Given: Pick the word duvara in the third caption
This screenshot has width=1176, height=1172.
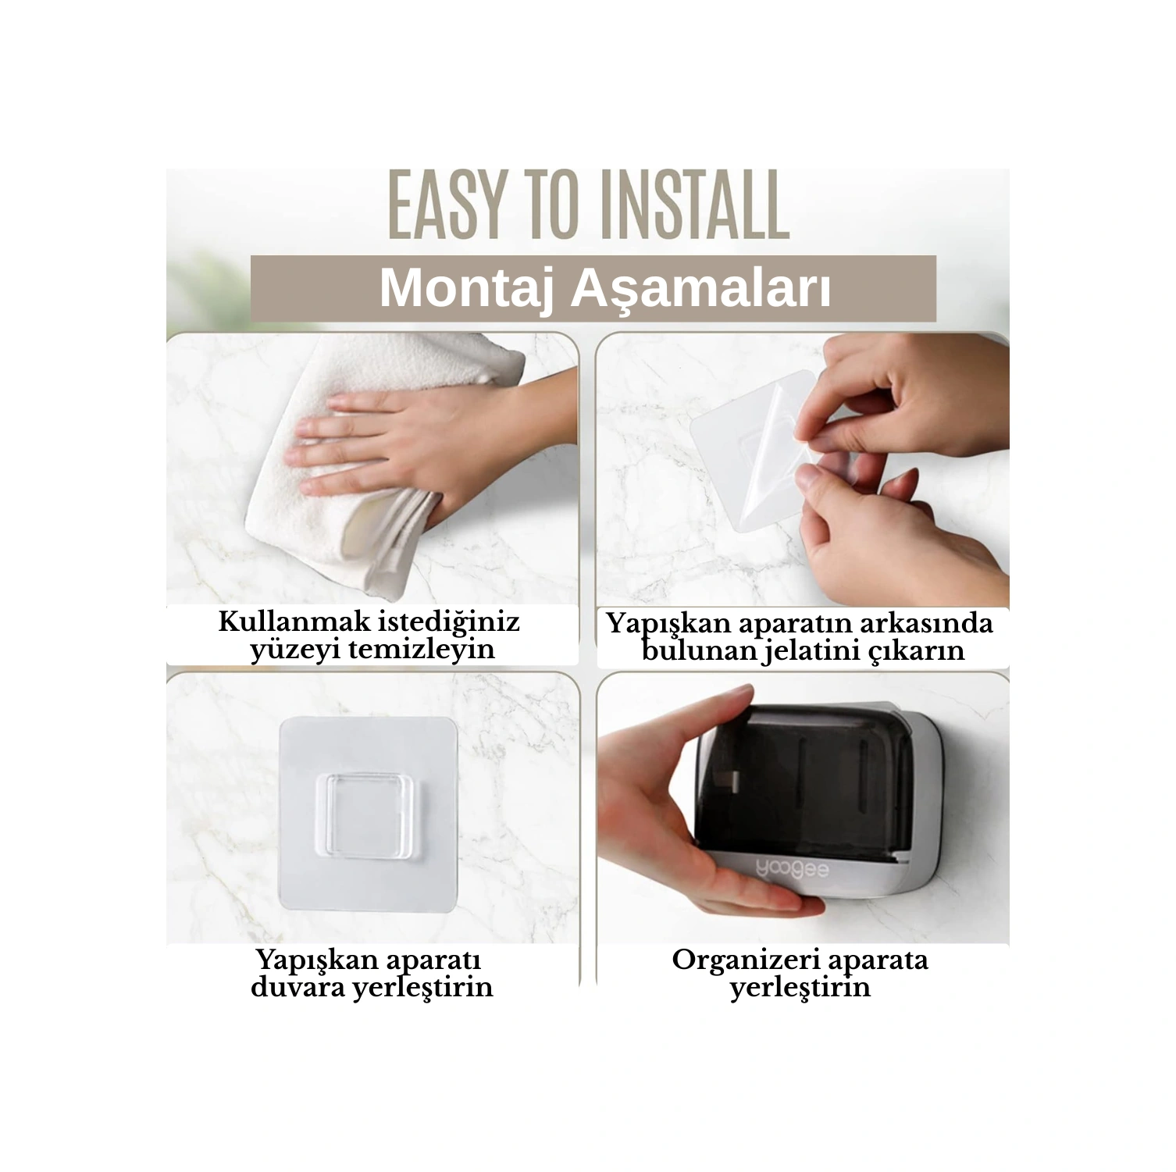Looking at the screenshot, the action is pyautogui.click(x=297, y=987).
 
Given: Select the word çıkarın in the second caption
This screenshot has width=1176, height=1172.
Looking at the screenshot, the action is pyautogui.click(x=920, y=651).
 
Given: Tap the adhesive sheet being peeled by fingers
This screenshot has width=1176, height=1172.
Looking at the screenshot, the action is pyautogui.click(x=754, y=453).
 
